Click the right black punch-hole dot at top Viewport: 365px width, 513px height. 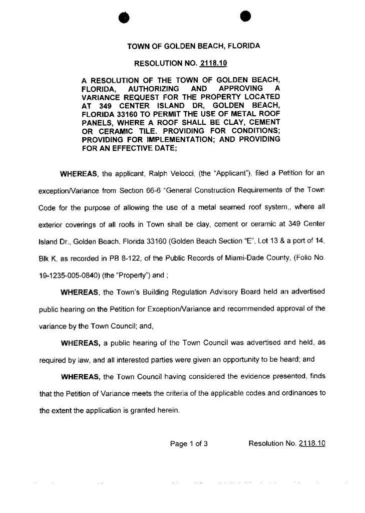[x=245, y=16]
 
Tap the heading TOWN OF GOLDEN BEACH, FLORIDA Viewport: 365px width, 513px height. [x=194, y=46]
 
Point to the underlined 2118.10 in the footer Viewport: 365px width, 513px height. [x=312, y=444]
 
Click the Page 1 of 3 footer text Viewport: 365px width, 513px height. [x=189, y=444]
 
